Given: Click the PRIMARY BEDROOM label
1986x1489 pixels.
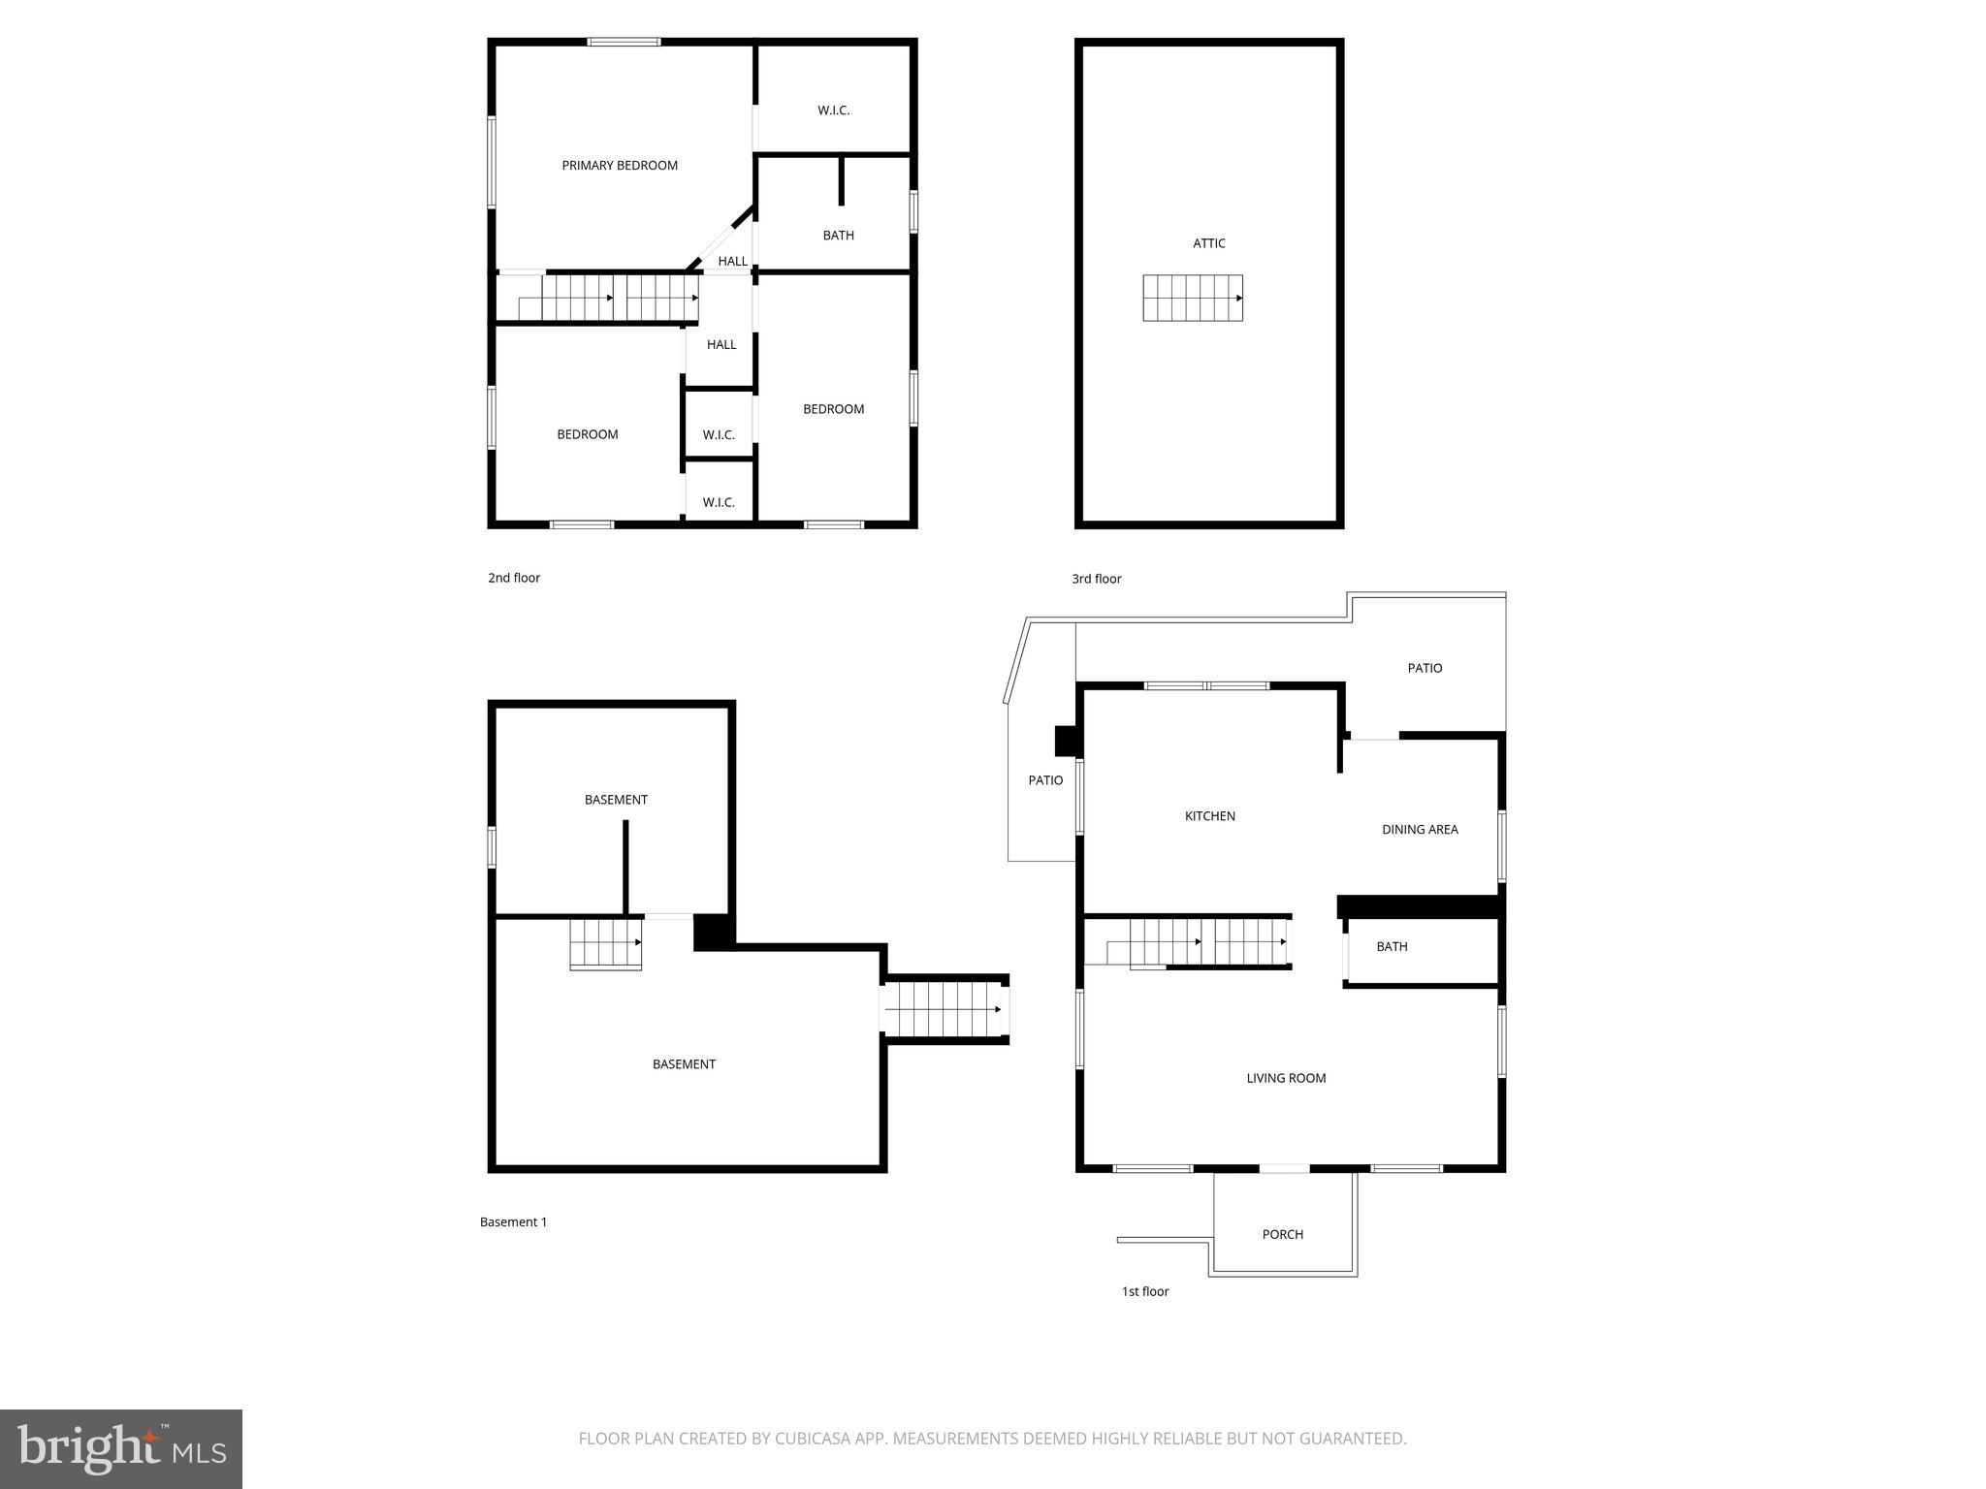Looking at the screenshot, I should tap(620, 166).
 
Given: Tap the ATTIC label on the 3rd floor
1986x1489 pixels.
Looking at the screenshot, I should tap(1208, 243).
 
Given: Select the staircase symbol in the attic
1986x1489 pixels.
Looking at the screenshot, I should tap(1192, 298).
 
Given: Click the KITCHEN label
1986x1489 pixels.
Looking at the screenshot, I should tap(1209, 816).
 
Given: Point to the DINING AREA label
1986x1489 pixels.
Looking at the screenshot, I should tap(1419, 830).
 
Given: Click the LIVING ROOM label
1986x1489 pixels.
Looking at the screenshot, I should tap(1286, 1078).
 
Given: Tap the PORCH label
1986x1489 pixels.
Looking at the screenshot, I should tap(1282, 1234).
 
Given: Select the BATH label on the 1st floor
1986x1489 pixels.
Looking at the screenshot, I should tap(1391, 947).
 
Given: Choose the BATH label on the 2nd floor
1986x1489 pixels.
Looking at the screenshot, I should tap(838, 236).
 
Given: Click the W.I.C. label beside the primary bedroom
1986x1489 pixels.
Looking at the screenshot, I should tap(833, 111).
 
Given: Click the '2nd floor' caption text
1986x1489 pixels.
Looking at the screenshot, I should tap(514, 578).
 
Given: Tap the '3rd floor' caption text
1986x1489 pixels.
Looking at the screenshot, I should tap(1096, 579).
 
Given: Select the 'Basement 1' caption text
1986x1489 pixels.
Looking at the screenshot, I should tap(513, 1222).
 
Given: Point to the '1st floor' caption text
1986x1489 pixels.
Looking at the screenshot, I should tap(1144, 1291).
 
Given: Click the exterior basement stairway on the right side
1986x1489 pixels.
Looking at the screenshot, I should tap(945, 1009).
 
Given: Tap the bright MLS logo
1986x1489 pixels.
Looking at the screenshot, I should tap(121, 1449).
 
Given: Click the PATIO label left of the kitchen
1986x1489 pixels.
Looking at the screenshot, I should tap(1045, 780).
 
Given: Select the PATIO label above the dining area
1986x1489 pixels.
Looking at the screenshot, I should tap(1424, 668).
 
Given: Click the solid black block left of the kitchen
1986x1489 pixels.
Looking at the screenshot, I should tap(1067, 741).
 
